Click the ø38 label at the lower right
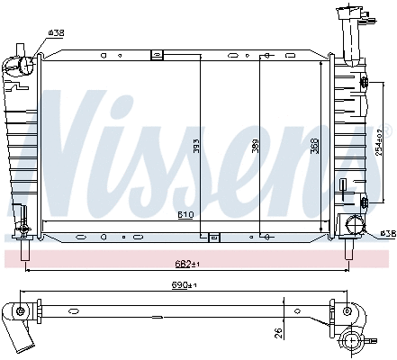(387, 233)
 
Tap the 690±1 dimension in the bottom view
(183, 286)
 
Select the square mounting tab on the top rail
(156, 55)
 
